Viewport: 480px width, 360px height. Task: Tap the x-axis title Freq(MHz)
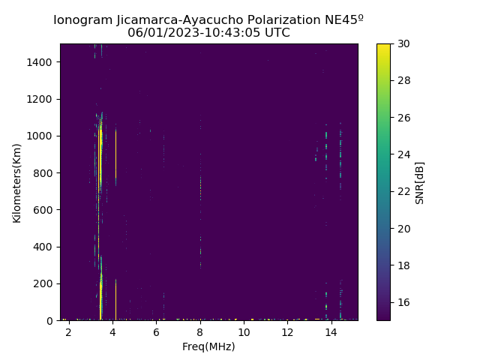[208, 346]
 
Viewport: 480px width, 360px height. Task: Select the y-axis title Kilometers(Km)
[17, 182]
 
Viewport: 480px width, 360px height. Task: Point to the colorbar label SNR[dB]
[420, 182]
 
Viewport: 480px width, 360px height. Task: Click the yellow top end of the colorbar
[383, 46]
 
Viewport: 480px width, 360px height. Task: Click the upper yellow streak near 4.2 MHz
[115, 154]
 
